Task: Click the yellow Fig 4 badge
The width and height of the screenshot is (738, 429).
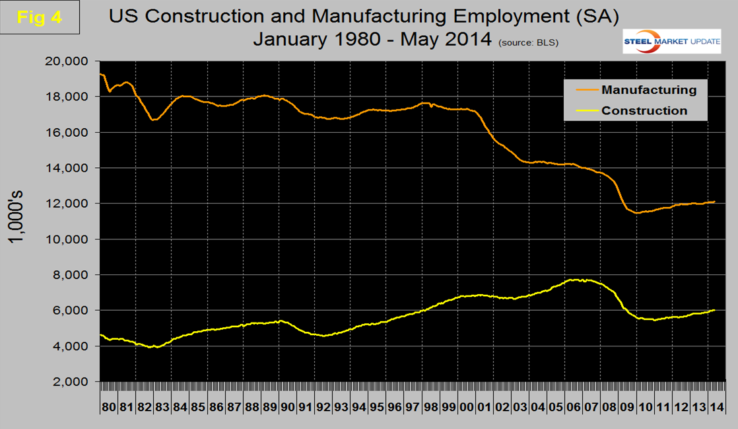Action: (x=40, y=18)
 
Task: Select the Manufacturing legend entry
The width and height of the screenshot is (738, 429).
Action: (x=649, y=89)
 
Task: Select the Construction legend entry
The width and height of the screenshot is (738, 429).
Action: (x=644, y=110)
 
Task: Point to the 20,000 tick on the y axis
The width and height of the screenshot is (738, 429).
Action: (x=67, y=61)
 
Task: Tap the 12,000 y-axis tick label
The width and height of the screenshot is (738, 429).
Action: (x=67, y=204)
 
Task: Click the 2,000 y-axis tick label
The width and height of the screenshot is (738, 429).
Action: (x=71, y=382)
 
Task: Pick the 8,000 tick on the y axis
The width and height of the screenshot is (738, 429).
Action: (x=71, y=275)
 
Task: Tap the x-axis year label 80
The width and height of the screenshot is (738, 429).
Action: (x=108, y=407)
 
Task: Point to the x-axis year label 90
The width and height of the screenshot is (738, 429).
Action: (x=286, y=407)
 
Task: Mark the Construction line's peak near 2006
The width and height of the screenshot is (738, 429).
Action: (x=576, y=280)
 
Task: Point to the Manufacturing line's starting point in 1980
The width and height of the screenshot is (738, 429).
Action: (x=100, y=74)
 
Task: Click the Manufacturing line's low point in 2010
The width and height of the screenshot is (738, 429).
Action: (x=637, y=213)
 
